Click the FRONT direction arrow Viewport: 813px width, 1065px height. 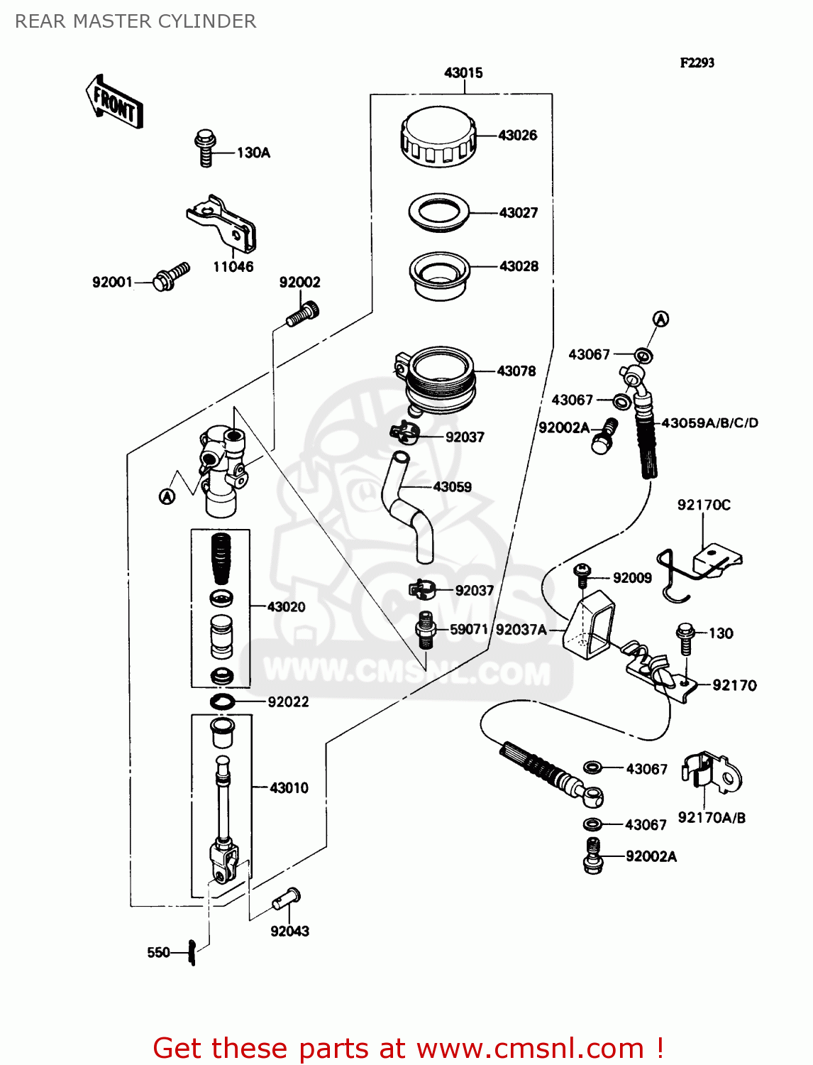tap(114, 102)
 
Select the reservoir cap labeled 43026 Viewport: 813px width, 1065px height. tap(438, 137)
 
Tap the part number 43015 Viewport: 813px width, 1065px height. tap(463, 72)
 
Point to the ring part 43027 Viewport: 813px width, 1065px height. tap(439, 212)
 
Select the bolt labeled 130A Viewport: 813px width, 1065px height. tap(205, 148)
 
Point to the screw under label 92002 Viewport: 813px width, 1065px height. tap(302, 315)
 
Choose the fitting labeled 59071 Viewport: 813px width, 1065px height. tap(425, 629)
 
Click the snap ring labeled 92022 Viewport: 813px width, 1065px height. tap(222, 701)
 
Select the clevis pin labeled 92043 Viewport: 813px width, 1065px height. tap(287, 900)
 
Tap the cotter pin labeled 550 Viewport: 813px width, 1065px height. tap(192, 952)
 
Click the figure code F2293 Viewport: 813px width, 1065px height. tap(697, 62)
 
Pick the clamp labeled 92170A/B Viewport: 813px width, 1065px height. tap(711, 773)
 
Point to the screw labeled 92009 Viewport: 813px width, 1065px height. tap(582, 575)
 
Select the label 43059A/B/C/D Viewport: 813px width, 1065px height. tap(709, 423)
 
